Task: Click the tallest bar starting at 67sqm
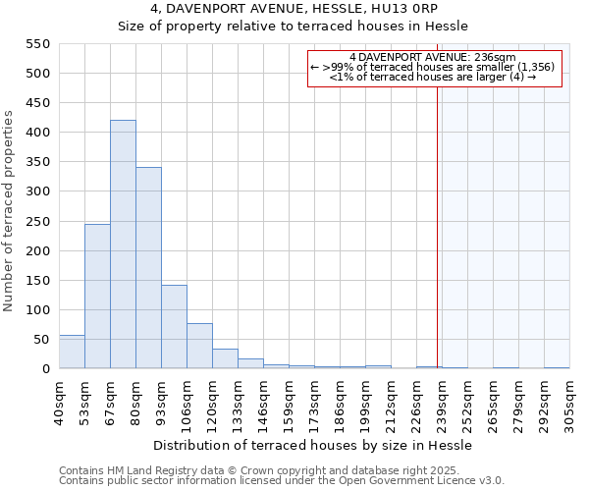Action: (x=123, y=245)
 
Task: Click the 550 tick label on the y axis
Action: (x=36, y=44)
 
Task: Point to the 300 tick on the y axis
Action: (x=36, y=191)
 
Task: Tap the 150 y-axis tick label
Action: (x=36, y=280)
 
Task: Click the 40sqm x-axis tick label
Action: (x=59, y=402)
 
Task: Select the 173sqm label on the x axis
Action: (x=314, y=402)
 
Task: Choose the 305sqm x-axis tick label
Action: (x=569, y=402)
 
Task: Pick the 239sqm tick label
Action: (x=442, y=402)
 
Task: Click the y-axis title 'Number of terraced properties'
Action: (x=10, y=211)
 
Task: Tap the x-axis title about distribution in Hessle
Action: (x=314, y=446)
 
